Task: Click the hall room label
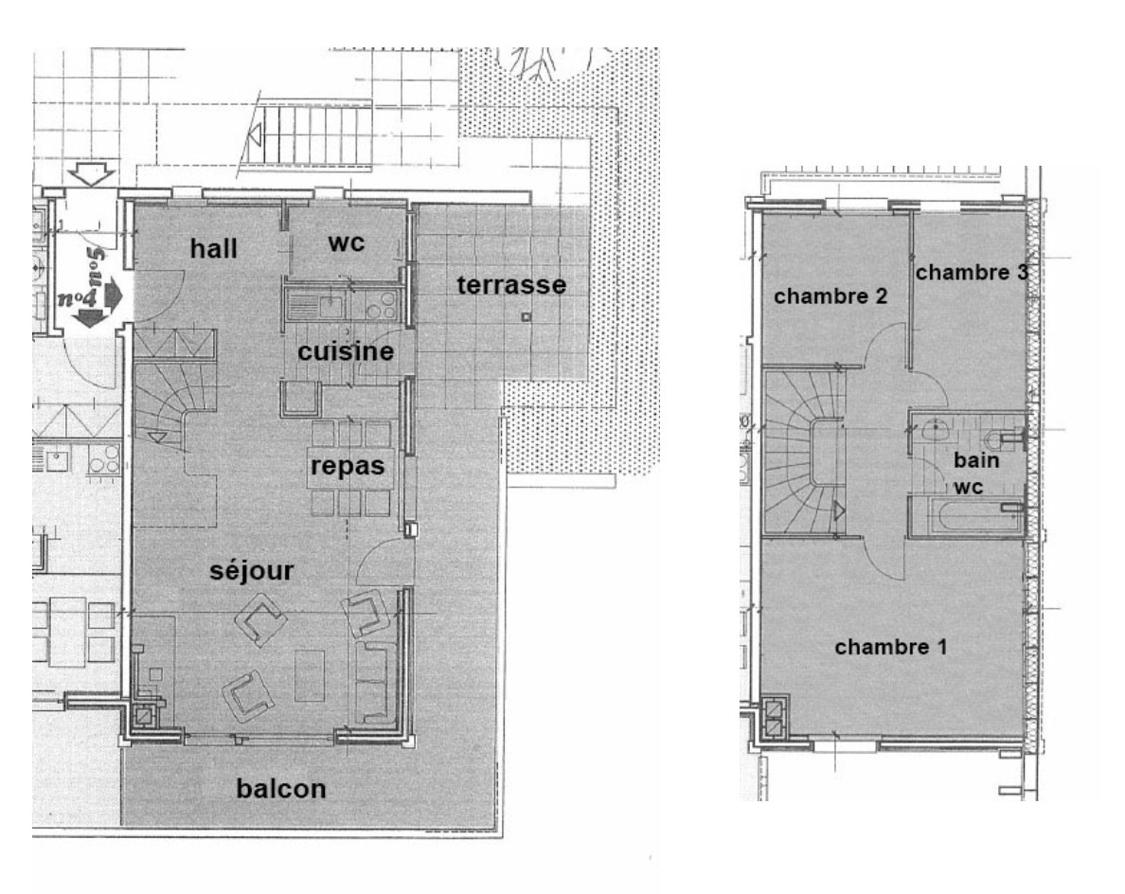coord(214,248)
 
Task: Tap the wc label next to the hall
coord(346,242)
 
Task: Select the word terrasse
coord(511,284)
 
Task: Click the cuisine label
coord(346,351)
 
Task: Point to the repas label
coord(348,465)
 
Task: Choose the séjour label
coord(251,570)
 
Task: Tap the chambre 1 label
coord(890,648)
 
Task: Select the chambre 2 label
coord(830,296)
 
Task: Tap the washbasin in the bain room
coord(937,431)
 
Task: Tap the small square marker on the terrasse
coord(527,316)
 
